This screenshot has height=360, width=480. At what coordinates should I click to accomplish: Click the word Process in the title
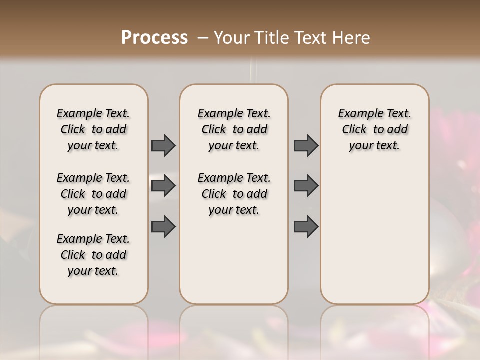(154, 38)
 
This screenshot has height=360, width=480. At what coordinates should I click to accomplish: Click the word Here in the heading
(352, 38)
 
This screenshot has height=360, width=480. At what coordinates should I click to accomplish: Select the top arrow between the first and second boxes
(163, 146)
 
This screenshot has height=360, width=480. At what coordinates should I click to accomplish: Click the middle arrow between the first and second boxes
(163, 186)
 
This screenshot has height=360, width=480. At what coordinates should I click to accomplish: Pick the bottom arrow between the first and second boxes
(163, 227)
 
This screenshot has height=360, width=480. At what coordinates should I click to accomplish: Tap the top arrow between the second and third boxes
(306, 146)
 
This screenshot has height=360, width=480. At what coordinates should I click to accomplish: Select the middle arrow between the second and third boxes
(306, 186)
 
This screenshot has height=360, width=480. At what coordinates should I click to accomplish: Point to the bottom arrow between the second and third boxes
(306, 227)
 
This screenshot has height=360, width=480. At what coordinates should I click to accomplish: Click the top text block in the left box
(93, 129)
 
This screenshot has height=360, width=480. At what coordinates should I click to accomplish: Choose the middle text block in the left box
(93, 194)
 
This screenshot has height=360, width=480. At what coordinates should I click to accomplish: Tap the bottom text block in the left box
(93, 255)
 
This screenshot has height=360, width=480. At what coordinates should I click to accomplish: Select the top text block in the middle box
(234, 129)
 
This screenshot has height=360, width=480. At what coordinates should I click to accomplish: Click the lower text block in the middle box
(234, 194)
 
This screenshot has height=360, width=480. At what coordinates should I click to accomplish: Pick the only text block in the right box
(374, 129)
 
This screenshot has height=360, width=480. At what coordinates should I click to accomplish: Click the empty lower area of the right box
(374, 235)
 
